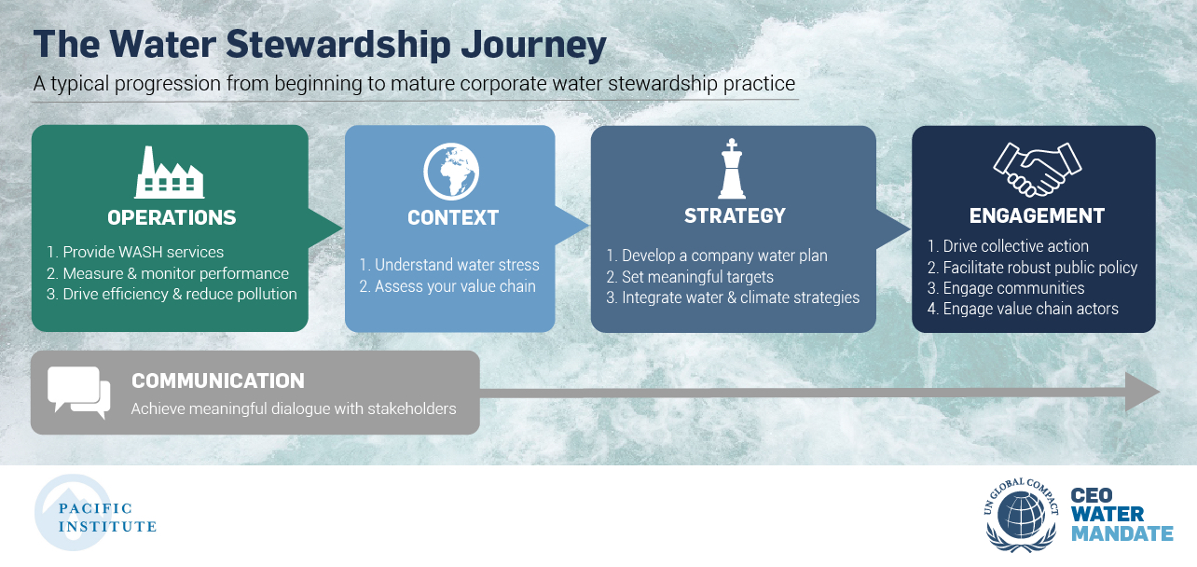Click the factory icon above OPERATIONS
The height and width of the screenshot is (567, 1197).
click(170, 173)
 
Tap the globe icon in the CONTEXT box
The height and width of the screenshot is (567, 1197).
click(451, 171)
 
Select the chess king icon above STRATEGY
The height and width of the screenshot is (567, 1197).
click(732, 169)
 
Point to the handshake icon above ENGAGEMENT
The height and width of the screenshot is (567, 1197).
click(1038, 170)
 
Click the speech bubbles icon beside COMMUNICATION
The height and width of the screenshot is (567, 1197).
click(78, 393)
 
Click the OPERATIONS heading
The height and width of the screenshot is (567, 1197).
click(172, 217)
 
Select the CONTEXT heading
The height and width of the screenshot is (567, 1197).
click(453, 217)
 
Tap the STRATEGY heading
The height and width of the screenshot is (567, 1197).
click(735, 216)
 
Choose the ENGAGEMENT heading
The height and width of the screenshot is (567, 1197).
click(1037, 216)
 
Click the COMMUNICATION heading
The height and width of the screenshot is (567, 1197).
click(218, 381)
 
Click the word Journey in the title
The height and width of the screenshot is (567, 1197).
click(533, 46)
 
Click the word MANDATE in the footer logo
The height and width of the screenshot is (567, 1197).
click(1122, 533)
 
